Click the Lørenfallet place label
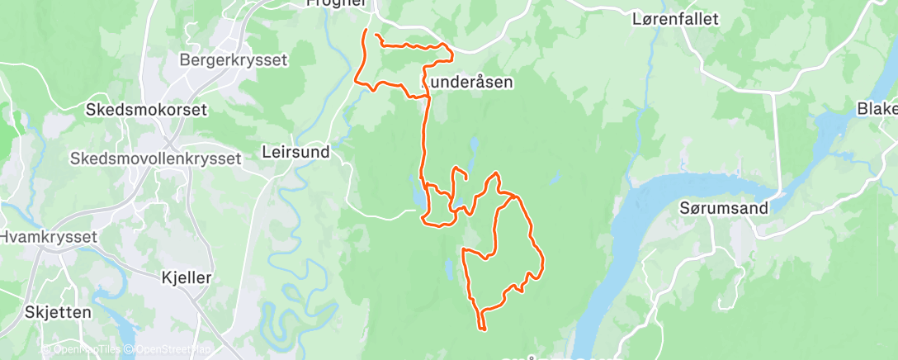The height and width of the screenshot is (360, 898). coord(675,18)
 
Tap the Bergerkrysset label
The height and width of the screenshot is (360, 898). coord(233,59)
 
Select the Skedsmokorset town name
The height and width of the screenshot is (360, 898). coord(147,109)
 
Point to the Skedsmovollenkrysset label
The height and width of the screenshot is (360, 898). coord(156,158)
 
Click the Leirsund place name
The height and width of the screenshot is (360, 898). coord(295,152)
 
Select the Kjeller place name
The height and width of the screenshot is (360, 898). coord(187,278)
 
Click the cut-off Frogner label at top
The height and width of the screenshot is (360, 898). coord(335,4)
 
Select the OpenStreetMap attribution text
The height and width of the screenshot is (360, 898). coord(169,350)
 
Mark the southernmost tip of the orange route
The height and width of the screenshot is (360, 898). coord(481,330)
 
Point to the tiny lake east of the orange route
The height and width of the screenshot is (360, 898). coord(555,178)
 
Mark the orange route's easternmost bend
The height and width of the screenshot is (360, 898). coord(543,263)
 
